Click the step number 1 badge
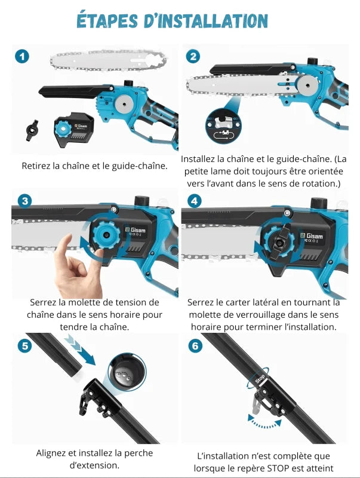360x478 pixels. point(22,57)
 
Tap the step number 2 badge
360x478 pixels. point(193,57)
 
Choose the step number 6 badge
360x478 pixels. point(194,345)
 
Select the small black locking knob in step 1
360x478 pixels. point(32,130)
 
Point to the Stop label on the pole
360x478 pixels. point(260,378)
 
